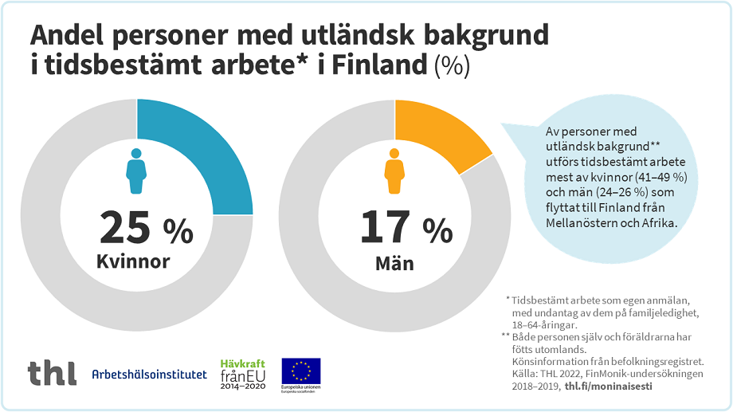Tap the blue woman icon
click(136, 170)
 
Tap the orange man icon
click(394, 170)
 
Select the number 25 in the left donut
click(125, 228)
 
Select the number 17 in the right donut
click(386, 228)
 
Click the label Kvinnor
click(133, 261)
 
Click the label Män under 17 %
click(394, 262)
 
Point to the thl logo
click(52, 373)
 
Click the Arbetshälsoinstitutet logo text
click(149, 375)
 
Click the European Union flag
click(301, 371)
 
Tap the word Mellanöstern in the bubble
click(579, 223)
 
